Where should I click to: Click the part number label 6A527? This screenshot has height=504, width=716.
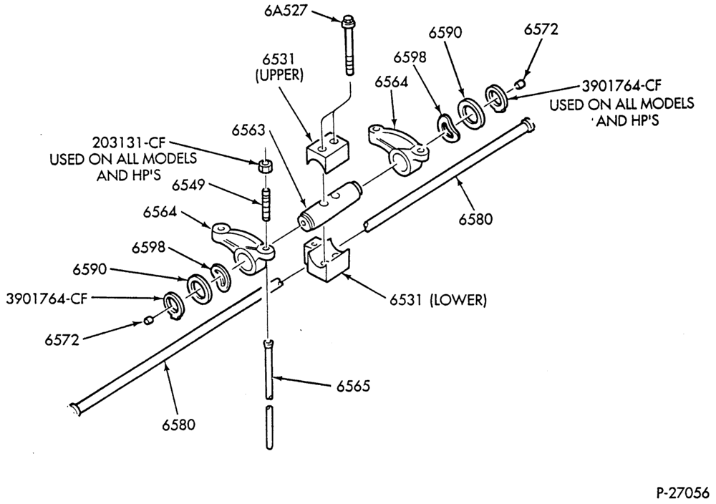tap(285, 10)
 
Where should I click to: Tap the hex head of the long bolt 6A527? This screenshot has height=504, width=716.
tap(347, 20)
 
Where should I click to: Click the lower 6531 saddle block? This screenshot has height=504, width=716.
tap(326, 260)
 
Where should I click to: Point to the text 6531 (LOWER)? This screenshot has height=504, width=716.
tap(438, 300)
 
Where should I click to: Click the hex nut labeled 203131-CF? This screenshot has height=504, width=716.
tap(263, 166)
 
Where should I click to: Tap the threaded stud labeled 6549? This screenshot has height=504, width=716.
tap(266, 203)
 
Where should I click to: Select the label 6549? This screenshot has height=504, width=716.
tap(188, 185)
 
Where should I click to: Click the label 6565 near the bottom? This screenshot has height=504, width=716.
tap(353, 386)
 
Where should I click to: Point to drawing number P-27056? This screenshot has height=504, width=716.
tap(682, 493)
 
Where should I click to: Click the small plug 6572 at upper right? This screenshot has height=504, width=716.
tap(520, 84)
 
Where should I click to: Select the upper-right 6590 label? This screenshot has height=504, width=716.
tap(445, 33)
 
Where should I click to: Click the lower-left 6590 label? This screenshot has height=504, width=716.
tap(89, 269)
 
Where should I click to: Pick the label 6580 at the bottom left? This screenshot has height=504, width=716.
tap(178, 425)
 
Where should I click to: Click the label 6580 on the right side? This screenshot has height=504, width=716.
tap(476, 219)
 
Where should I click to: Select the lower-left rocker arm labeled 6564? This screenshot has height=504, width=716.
tap(242, 246)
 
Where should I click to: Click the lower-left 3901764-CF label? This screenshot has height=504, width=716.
tap(46, 299)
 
